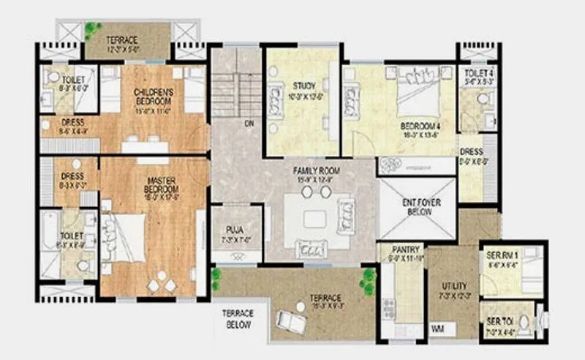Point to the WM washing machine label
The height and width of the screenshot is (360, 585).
[x=438, y=328]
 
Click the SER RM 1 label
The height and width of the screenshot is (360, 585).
[x=502, y=255]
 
